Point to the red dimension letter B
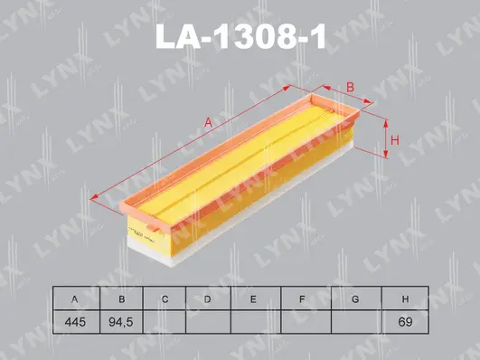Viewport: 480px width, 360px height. [350, 87]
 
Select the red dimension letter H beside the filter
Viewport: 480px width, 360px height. [395, 138]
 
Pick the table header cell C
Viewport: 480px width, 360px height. [164, 299]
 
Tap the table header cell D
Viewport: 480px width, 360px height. [208, 299]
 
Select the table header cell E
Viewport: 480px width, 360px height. [254, 299]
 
